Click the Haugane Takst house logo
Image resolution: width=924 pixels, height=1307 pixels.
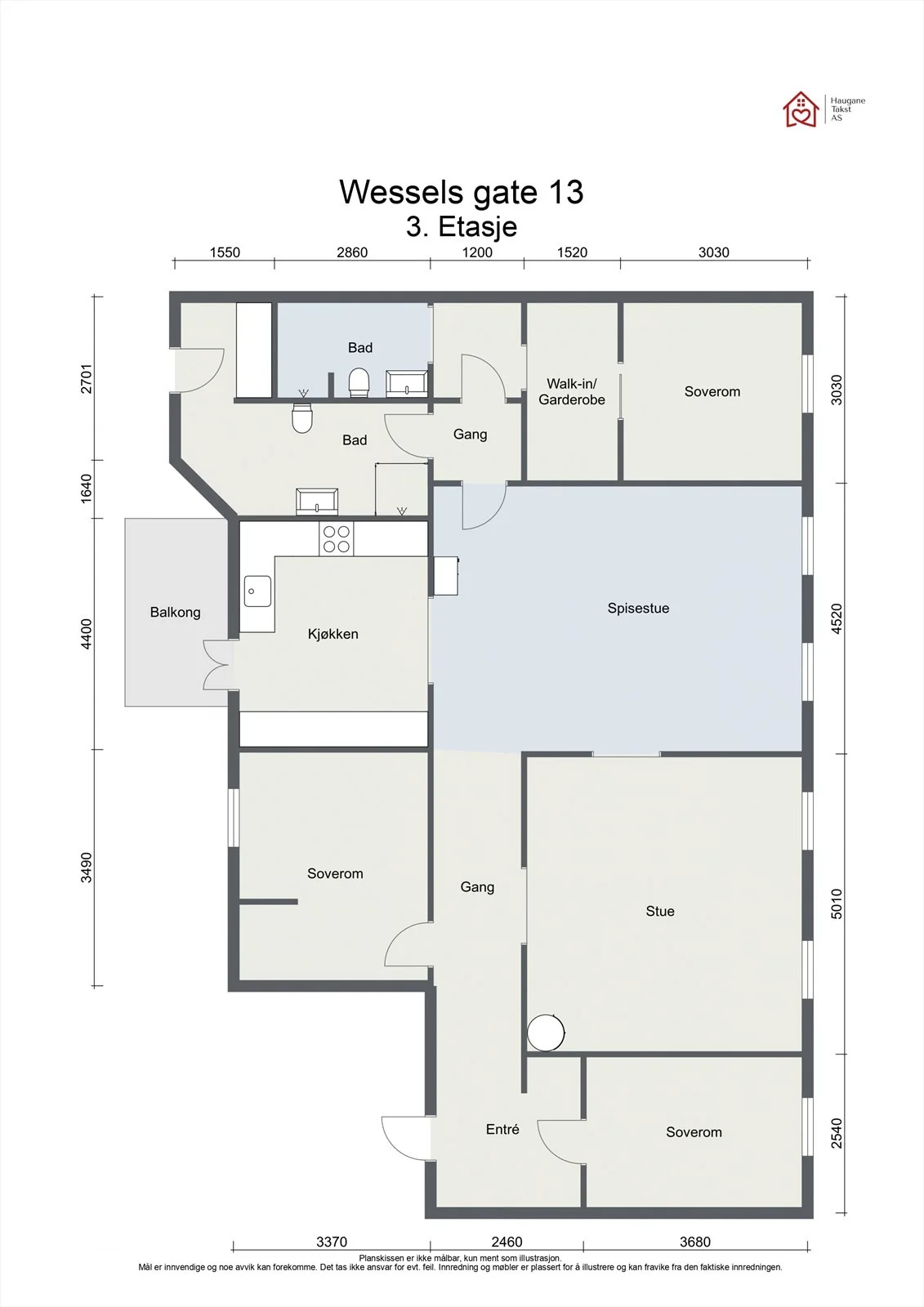click(801, 109)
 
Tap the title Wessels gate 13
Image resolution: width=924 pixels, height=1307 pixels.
click(461, 191)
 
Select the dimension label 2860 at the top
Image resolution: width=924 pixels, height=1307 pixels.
click(352, 252)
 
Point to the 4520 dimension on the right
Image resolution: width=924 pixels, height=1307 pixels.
click(837, 618)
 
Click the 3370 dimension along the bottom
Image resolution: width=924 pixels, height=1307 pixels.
click(332, 1242)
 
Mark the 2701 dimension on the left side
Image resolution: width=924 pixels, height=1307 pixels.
click(87, 379)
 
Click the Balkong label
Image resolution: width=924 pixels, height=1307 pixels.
click(175, 612)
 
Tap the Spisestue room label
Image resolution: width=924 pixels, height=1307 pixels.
click(638, 608)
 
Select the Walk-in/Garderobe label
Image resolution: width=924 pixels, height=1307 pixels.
click(571, 391)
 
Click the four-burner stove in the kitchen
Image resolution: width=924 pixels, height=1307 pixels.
click(337, 538)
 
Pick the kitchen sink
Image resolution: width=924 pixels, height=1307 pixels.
click(257, 591)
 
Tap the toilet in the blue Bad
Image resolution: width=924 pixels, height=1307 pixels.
click(359, 383)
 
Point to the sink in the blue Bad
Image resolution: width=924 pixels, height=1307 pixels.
click(407, 383)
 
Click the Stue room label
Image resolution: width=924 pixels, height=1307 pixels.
click(659, 911)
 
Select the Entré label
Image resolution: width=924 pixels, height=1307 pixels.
click(502, 1129)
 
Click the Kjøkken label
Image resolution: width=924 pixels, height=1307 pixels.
click(333, 634)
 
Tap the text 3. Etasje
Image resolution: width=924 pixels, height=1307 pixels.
click(461, 227)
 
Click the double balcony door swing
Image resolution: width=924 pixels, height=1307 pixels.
click(215, 665)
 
